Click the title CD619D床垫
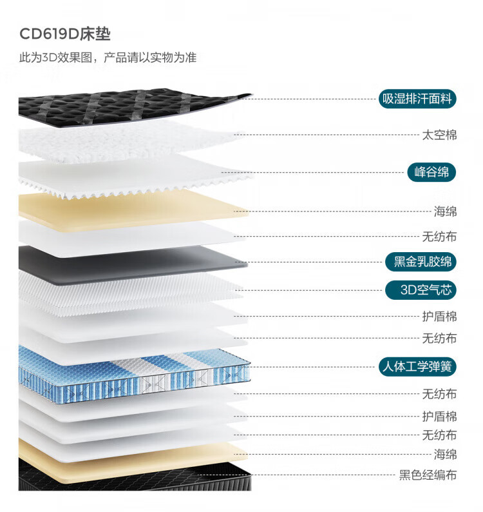pyautogui.click(x=64, y=34)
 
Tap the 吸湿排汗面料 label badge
pyautogui.click(x=418, y=99)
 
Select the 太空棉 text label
pyautogui.click(x=439, y=135)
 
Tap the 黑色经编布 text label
pyautogui.click(x=428, y=476)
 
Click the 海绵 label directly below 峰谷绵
pyautogui.click(x=445, y=212)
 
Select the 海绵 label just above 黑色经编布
pyautogui.click(x=445, y=454)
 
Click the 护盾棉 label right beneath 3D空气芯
pyautogui.click(x=439, y=317)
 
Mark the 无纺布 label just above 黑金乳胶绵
pyautogui.click(x=439, y=237)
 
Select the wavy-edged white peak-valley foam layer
pyautogui.click(x=129, y=174)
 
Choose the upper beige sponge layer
pyautogui.click(x=129, y=208)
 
